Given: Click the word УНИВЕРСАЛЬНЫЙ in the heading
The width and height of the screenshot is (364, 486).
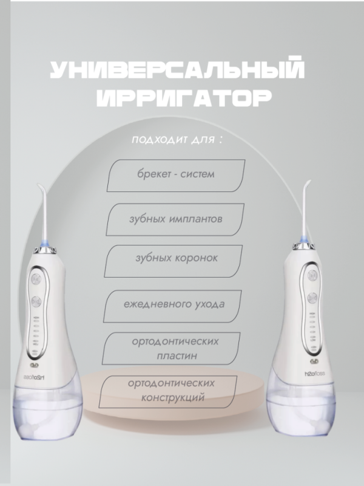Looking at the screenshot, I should click(176, 72).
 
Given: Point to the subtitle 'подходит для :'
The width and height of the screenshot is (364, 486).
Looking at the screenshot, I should click(176, 140).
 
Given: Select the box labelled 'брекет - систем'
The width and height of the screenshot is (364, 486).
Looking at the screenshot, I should click(176, 175).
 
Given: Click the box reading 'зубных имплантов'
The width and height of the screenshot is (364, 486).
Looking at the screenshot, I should click(175, 218).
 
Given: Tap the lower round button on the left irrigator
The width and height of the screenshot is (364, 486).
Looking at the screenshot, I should click(35, 301).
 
